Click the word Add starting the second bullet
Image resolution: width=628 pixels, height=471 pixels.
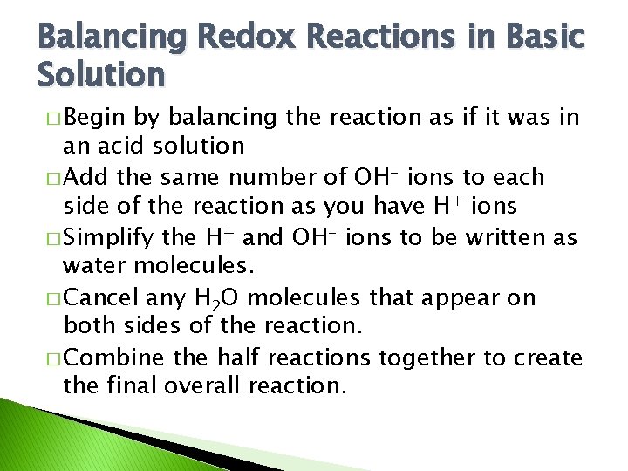[x=81, y=177]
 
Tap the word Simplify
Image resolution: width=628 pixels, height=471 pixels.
[x=108, y=237]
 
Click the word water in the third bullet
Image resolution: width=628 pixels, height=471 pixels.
[x=95, y=266]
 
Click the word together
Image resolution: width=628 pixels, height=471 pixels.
[x=422, y=358]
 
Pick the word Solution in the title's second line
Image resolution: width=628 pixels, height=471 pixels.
[x=101, y=75]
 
